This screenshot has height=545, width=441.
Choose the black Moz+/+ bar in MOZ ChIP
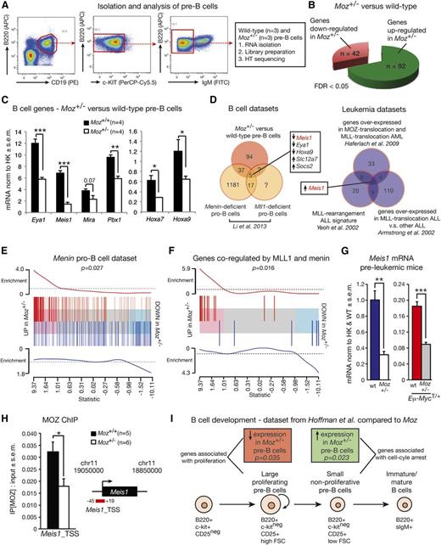click(x=31, y=479)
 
